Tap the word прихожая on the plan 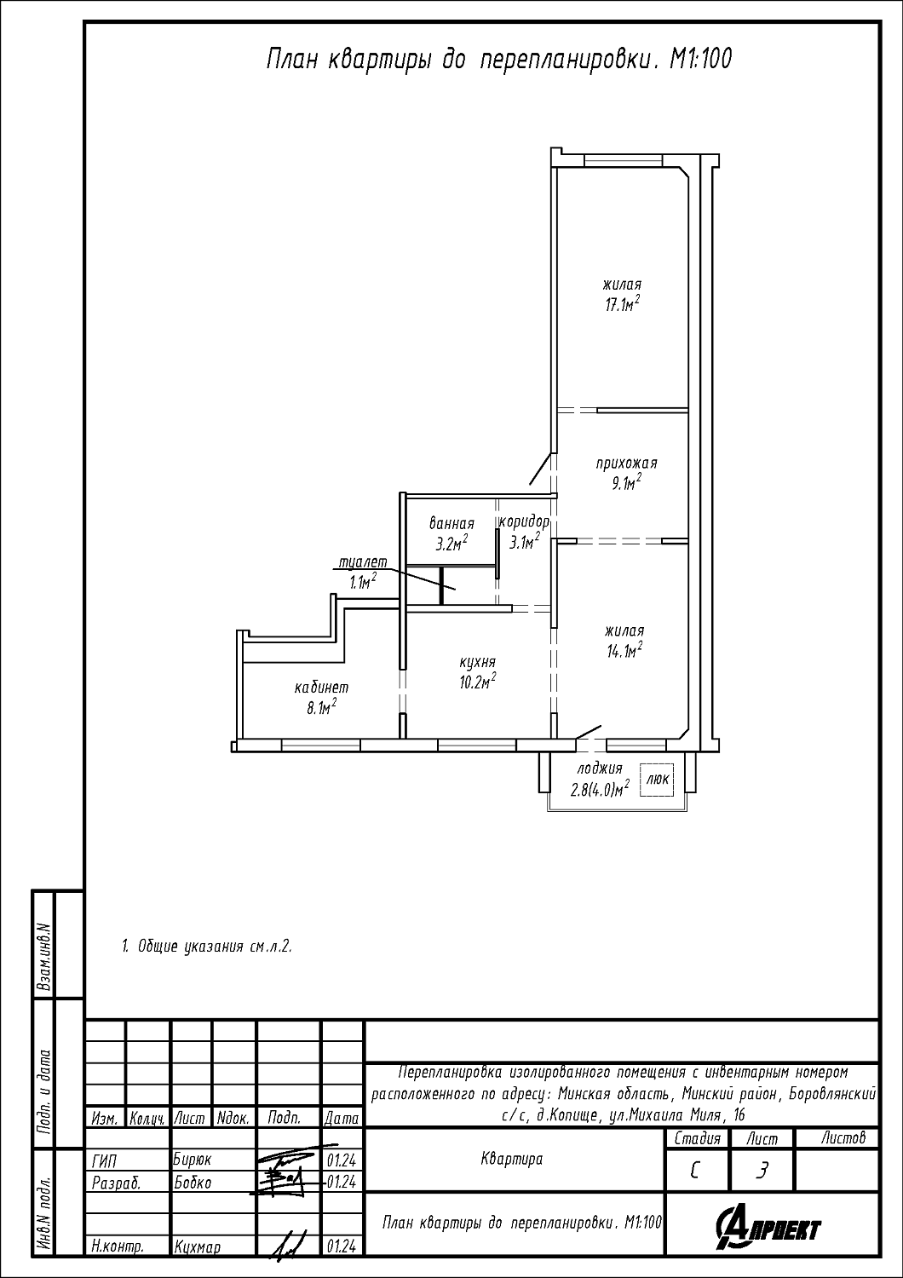[627, 463]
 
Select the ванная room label [451, 523]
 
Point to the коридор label [524, 521]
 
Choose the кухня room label [477, 662]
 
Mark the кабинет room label [321, 688]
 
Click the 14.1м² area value [624, 650]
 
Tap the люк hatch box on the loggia [658, 780]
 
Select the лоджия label [600, 769]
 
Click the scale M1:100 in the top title [700, 60]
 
